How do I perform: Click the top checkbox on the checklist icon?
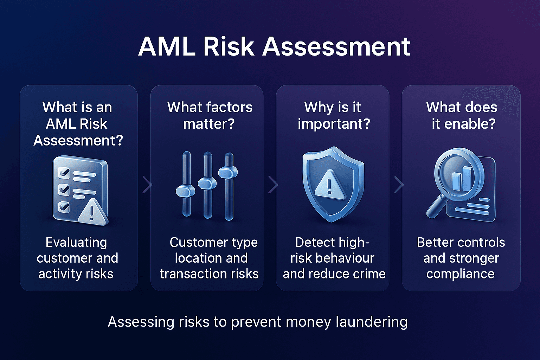click(64, 173)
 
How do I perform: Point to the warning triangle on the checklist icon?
click(92, 211)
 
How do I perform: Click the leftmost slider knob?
click(185, 191)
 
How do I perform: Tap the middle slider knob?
click(207, 183)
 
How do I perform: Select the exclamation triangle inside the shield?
click(329, 183)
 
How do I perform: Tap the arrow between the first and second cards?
click(147, 185)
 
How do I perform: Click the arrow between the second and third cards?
click(273, 185)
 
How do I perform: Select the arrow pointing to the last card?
click(399, 185)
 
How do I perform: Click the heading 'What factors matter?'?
click(210, 116)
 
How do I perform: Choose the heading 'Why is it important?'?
click(333, 116)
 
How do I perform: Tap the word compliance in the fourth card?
click(460, 274)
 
